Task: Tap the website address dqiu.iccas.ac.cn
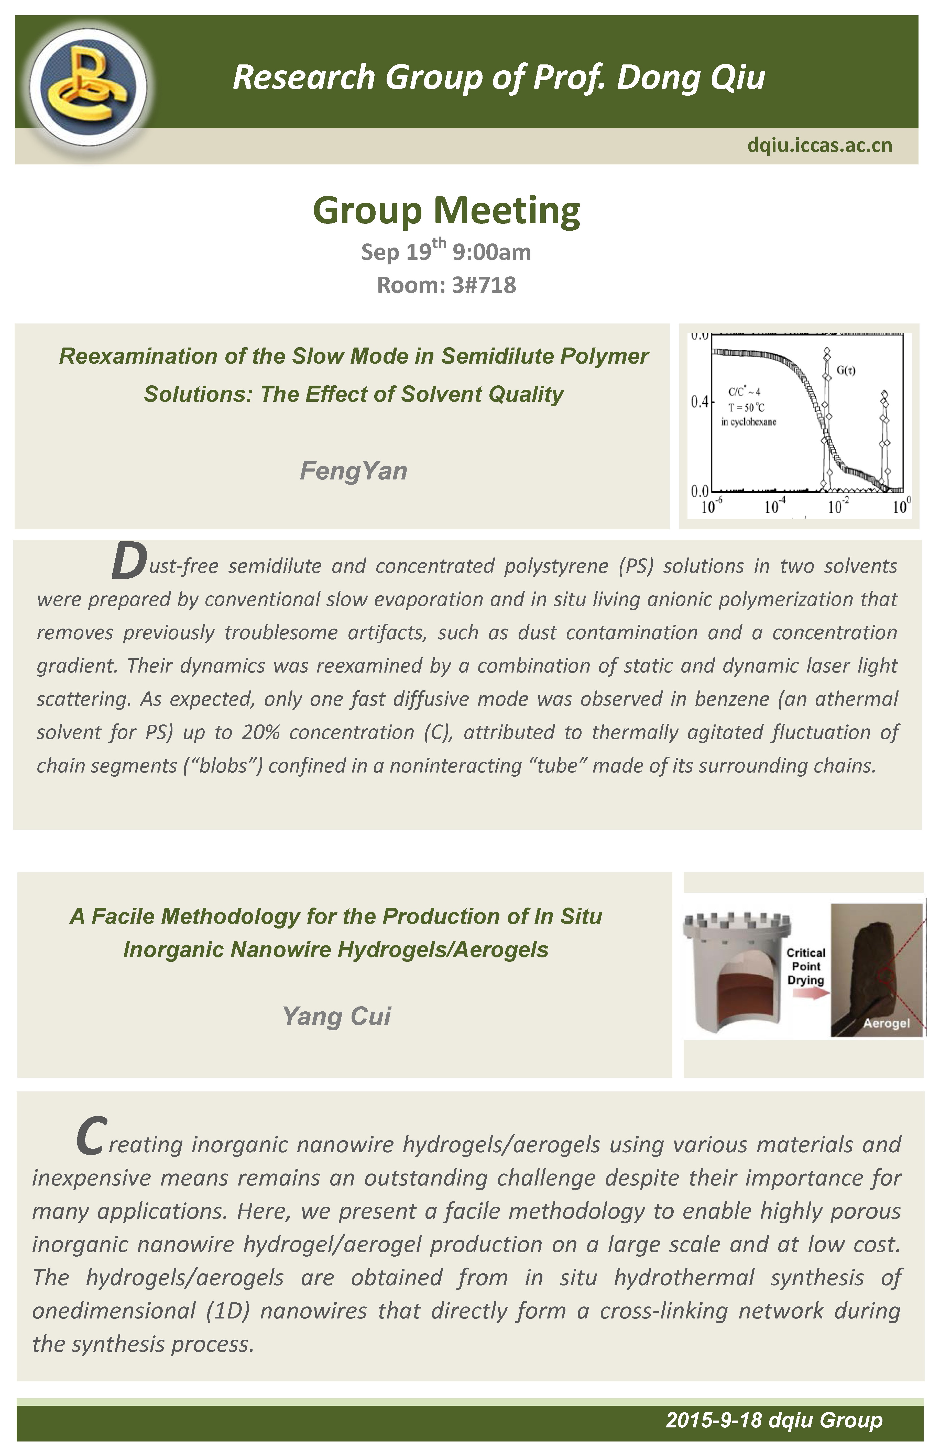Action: (x=819, y=146)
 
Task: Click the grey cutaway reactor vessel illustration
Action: (x=736, y=971)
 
